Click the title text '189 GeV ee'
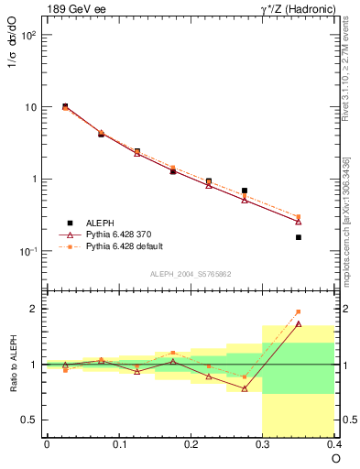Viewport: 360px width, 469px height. point(71,10)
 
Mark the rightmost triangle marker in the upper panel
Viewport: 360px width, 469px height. point(299,221)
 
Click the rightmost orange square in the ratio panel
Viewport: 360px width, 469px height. point(299,311)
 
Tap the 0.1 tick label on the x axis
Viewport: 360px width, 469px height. point(118,444)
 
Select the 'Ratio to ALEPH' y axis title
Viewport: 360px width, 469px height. point(13,364)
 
